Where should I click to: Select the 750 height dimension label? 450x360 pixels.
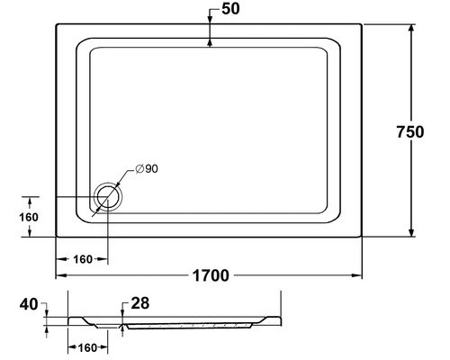(409, 131)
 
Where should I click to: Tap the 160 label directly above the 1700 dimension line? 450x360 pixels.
(83, 259)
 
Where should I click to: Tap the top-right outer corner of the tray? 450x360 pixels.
(362, 24)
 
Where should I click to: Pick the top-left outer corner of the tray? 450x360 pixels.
(57, 24)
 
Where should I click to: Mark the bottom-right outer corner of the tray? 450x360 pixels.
(362, 237)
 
